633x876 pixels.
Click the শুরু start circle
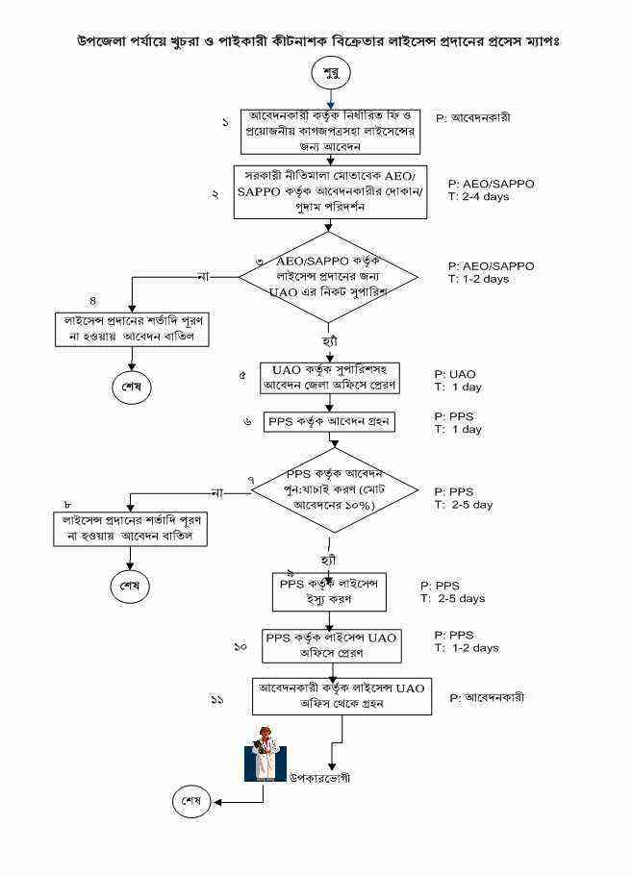[331, 73]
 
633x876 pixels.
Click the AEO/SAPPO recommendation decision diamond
[329, 276]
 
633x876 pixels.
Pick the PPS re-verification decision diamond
[333, 491]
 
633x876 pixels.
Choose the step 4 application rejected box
[133, 328]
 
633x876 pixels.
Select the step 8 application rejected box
[132, 528]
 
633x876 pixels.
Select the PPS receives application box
[329, 422]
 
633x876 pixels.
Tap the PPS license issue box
[329, 590]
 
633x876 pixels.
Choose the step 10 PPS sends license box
[330, 644]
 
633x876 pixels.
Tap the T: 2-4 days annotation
[478, 196]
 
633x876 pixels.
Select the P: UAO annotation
[455, 373]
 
